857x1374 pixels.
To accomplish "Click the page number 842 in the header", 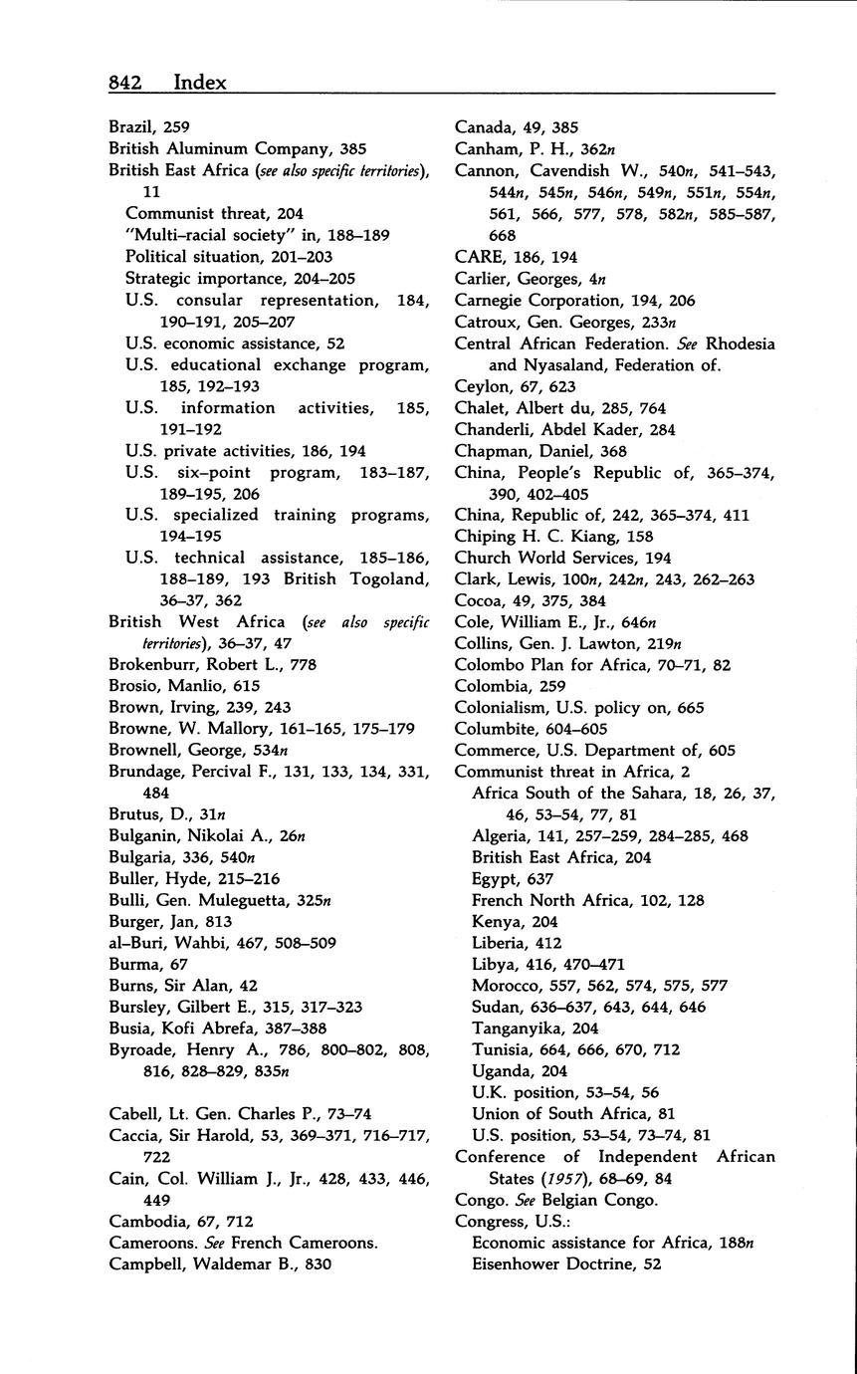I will click(x=129, y=83).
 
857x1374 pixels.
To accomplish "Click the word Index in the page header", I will click(x=200, y=83).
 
